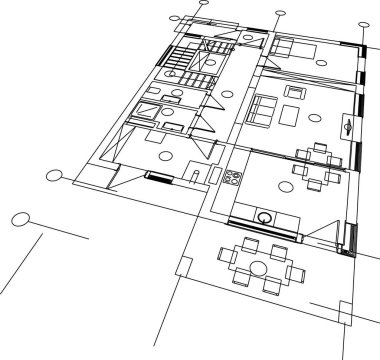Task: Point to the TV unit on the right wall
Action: click(347, 127)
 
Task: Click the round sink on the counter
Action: click(265, 215)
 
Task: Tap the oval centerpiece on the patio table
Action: click(259, 267)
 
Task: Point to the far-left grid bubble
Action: click(20, 219)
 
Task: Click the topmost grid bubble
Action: click(203, 3)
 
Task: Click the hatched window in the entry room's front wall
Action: click(158, 178)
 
